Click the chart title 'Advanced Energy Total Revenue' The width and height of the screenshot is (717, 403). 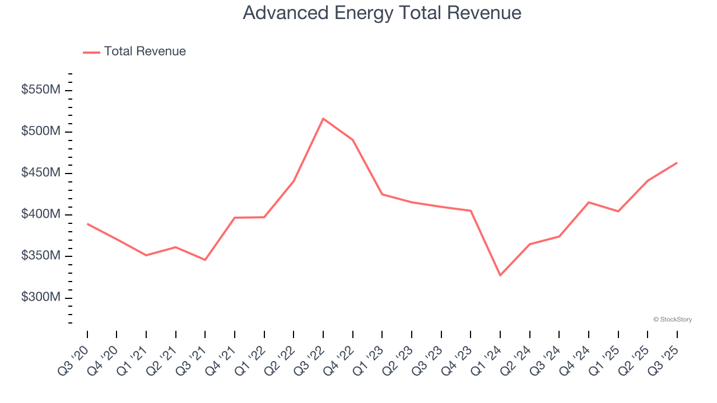382,13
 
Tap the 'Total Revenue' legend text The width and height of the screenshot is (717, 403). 145,51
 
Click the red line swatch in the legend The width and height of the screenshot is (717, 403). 91,52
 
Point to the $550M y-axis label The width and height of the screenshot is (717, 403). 41,90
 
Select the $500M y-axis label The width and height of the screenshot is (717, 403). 41,132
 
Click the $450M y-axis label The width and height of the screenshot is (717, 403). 41,173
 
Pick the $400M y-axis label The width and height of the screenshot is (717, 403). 41,214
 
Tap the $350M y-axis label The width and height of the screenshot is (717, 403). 41,256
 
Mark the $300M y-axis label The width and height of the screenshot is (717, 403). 41,297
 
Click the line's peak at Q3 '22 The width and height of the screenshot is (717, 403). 323,119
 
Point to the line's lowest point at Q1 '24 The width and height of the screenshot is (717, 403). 500,275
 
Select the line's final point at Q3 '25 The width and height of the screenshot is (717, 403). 677,163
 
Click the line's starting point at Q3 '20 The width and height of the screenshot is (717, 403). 87,224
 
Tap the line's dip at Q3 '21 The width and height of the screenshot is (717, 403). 205,260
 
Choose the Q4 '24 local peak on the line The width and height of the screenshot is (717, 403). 589,202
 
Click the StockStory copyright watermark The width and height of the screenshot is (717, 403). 672,320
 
